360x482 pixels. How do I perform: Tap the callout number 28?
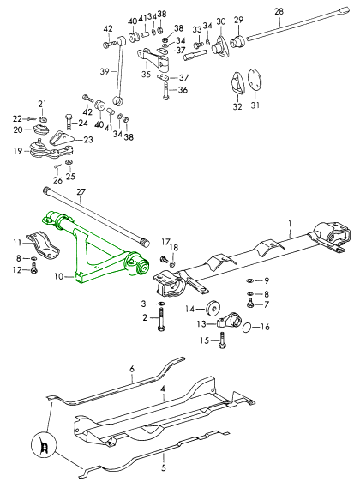coord(279,12)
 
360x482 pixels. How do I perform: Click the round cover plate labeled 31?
coord(255,79)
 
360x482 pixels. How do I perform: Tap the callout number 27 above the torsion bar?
coord(81,192)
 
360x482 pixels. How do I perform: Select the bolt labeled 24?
coord(69,122)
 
